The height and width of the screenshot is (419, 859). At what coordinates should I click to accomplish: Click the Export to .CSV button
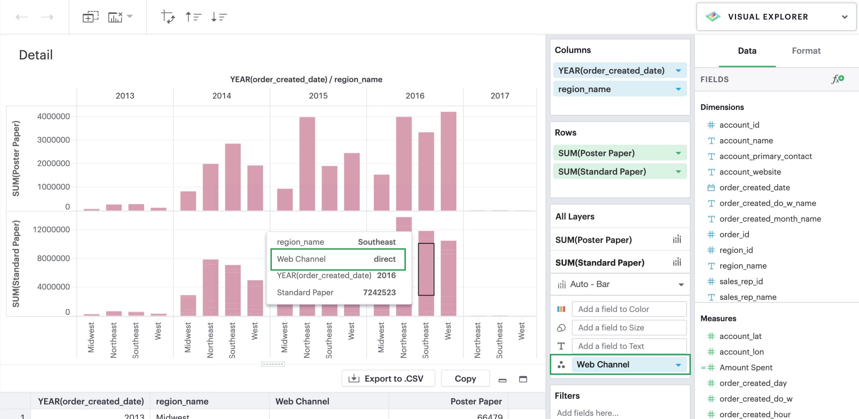(x=388, y=379)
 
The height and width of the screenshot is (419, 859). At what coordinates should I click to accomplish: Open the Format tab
(x=806, y=51)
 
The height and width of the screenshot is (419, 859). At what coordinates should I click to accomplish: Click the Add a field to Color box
(x=629, y=309)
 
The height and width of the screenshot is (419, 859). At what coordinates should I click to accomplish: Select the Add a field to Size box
(x=629, y=328)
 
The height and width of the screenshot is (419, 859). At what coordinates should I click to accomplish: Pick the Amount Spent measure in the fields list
(x=746, y=367)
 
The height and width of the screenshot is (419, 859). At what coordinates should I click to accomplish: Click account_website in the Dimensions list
(x=750, y=172)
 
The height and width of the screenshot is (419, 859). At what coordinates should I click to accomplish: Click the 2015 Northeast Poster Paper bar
(x=307, y=164)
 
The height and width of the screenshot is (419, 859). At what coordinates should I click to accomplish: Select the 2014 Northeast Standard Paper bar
(x=210, y=287)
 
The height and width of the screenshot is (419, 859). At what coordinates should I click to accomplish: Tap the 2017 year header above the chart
(x=499, y=96)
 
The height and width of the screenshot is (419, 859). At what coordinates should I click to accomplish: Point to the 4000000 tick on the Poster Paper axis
(x=53, y=117)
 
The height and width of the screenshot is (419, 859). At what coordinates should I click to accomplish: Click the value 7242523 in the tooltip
(x=379, y=293)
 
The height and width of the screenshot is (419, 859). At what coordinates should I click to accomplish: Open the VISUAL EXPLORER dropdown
(x=776, y=17)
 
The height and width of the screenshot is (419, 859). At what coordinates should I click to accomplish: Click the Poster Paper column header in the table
(x=476, y=401)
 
